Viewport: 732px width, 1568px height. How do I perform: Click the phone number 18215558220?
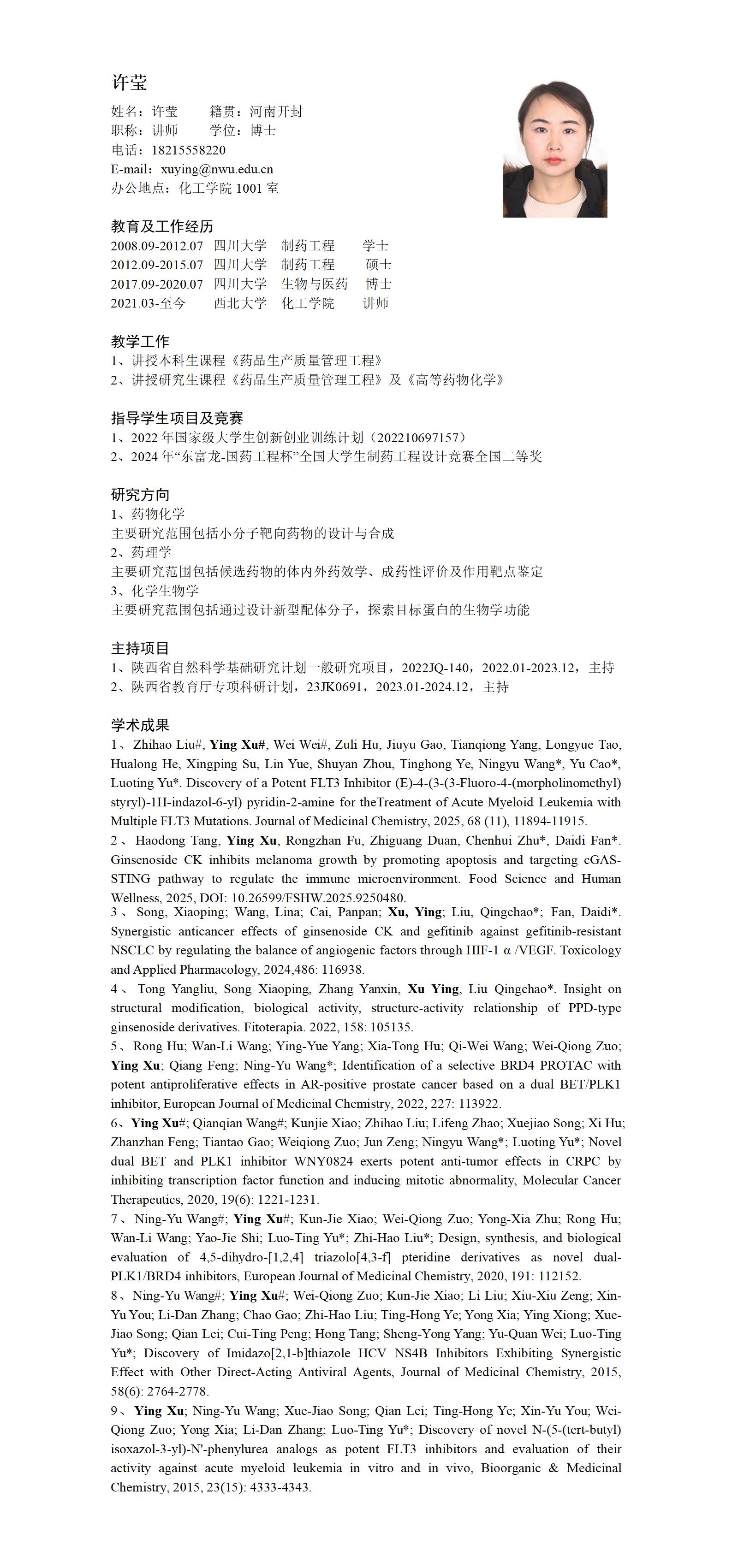point(188,150)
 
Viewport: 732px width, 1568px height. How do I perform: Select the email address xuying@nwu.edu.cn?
point(217,169)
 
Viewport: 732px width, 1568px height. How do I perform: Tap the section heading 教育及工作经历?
point(162,226)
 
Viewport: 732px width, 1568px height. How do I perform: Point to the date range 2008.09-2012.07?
point(156,246)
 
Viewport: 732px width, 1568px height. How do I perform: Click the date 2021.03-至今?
point(148,303)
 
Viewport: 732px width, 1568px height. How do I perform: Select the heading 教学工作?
point(140,342)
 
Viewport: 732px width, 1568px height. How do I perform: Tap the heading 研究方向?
point(140,495)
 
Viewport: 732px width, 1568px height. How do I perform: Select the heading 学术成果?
point(140,725)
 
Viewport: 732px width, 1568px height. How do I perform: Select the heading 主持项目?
point(140,648)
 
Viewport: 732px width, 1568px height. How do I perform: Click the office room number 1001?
point(249,189)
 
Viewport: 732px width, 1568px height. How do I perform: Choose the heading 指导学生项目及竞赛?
point(177,418)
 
